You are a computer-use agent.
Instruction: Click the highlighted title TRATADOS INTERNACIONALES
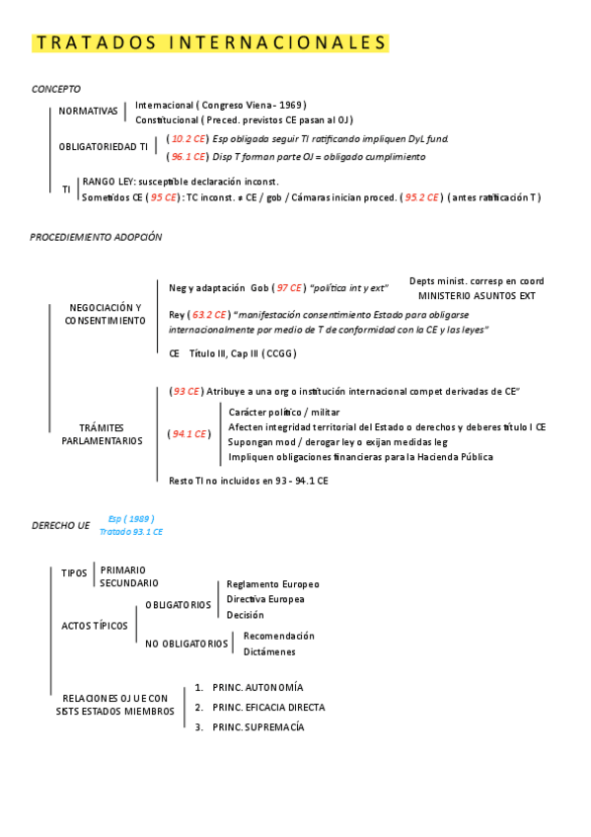(211, 43)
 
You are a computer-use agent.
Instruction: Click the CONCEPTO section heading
(56, 89)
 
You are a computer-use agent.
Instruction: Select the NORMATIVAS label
(88, 112)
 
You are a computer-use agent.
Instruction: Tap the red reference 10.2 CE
(187, 139)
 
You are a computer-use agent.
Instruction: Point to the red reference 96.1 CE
(187, 156)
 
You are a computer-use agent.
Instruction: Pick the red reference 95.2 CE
(422, 197)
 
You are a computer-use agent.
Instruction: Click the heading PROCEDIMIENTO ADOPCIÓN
(96, 238)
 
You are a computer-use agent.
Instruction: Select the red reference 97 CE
(289, 287)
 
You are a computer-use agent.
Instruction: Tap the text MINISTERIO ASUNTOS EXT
(477, 295)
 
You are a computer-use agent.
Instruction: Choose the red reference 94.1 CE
(189, 433)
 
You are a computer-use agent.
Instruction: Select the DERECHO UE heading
(60, 526)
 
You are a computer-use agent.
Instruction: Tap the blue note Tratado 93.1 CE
(131, 532)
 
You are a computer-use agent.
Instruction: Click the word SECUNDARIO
(128, 583)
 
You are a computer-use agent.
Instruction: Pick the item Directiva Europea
(265, 599)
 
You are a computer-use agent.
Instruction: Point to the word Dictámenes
(269, 651)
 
